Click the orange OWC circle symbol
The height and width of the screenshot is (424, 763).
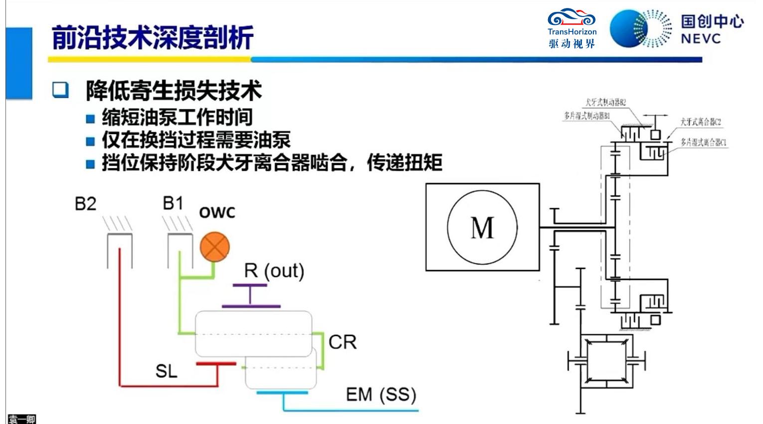point(215,247)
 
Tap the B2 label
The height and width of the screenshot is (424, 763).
point(85,204)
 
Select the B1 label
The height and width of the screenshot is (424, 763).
point(173,204)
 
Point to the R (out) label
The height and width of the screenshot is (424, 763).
point(274,271)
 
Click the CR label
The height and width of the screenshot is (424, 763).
point(343,342)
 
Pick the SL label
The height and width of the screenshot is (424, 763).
point(166,371)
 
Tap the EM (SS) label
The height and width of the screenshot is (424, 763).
point(381,395)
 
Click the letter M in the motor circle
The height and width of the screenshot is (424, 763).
point(482,228)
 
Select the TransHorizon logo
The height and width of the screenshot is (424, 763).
point(572,28)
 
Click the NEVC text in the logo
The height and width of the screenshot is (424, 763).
point(701,38)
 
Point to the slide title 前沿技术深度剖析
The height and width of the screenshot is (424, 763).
point(153,37)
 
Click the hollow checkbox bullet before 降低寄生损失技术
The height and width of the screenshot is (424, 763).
point(61,90)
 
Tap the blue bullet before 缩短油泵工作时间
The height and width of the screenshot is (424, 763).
point(90,119)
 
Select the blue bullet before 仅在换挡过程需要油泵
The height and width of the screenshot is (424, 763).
point(90,141)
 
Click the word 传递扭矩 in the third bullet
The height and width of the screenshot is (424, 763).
point(404,163)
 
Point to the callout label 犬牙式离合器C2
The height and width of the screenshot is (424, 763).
point(700,122)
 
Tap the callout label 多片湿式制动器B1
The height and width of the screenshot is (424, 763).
point(587,116)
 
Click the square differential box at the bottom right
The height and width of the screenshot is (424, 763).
point(606,360)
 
